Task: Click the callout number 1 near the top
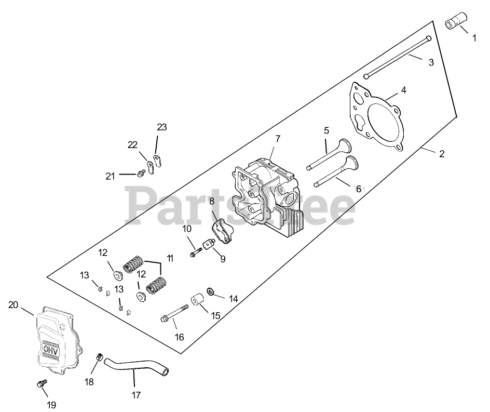click(x=473, y=37)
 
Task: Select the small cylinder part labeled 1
click(x=455, y=24)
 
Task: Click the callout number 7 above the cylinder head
click(x=278, y=139)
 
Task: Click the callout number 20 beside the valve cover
click(x=13, y=305)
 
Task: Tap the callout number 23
click(x=162, y=127)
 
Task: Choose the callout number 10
click(x=187, y=228)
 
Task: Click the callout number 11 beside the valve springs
click(x=169, y=258)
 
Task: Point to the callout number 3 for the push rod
click(x=431, y=63)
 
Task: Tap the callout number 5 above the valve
click(x=326, y=131)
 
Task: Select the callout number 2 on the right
click(x=442, y=154)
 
